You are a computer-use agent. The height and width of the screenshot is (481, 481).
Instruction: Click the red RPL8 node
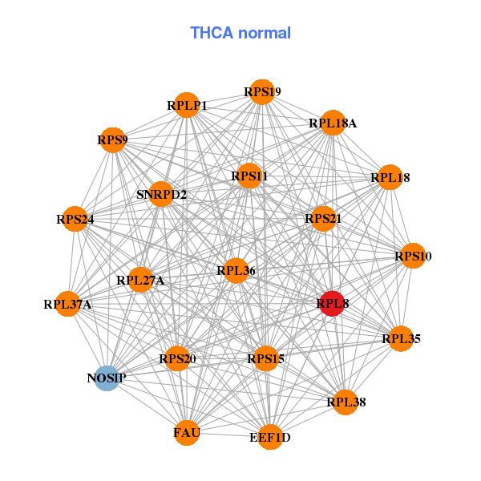coord(332,304)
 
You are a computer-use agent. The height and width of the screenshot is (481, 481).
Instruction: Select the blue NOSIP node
coord(107,378)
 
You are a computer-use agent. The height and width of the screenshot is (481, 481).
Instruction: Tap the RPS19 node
coord(262,92)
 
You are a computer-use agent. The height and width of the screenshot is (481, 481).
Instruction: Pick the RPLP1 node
coord(187,105)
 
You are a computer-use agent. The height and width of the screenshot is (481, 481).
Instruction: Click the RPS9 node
coord(113,139)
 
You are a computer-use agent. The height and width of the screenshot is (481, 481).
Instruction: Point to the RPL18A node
coord(333,123)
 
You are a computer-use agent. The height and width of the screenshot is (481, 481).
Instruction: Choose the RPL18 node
coord(390,177)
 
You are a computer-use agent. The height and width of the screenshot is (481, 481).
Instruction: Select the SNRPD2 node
coord(161,194)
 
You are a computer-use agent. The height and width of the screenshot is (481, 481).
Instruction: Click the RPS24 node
coord(75,219)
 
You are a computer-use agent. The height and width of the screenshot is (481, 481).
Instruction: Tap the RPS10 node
coord(413,256)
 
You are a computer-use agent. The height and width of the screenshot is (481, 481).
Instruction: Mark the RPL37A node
coord(68,304)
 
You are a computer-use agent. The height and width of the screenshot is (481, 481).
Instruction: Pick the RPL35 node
coord(401,338)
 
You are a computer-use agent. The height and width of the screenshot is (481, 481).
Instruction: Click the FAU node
coord(187,433)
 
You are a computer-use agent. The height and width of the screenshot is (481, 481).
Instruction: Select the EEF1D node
coord(270,437)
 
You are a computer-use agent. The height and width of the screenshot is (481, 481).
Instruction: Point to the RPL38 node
coord(346,402)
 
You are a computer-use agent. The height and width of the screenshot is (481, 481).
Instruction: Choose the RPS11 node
coord(249,176)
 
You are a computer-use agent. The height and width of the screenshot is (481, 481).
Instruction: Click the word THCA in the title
coord(212,33)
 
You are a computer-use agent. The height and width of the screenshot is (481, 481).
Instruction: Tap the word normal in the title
coord(265,33)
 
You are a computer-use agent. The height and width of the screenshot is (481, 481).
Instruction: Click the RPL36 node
coord(236,271)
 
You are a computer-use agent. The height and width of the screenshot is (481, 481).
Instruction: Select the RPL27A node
coord(140,280)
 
